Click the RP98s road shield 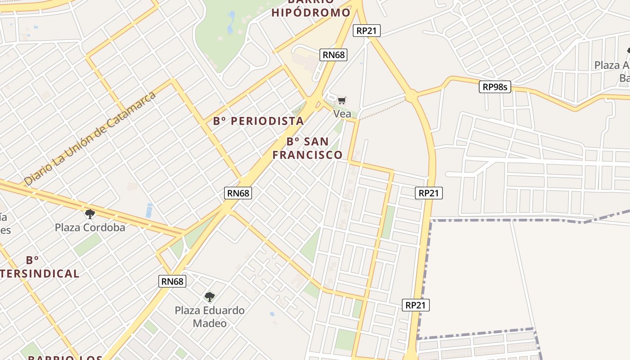(495, 87)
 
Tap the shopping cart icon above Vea (342, 100)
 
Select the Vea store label (342, 113)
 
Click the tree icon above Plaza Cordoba (90, 214)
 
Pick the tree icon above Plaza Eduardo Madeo (209, 297)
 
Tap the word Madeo (210, 323)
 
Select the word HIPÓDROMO (310, 12)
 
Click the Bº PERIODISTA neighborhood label (258, 121)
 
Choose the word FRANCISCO (307, 155)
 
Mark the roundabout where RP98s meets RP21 (411, 96)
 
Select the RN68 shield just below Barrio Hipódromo (333, 55)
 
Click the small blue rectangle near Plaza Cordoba (149, 210)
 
